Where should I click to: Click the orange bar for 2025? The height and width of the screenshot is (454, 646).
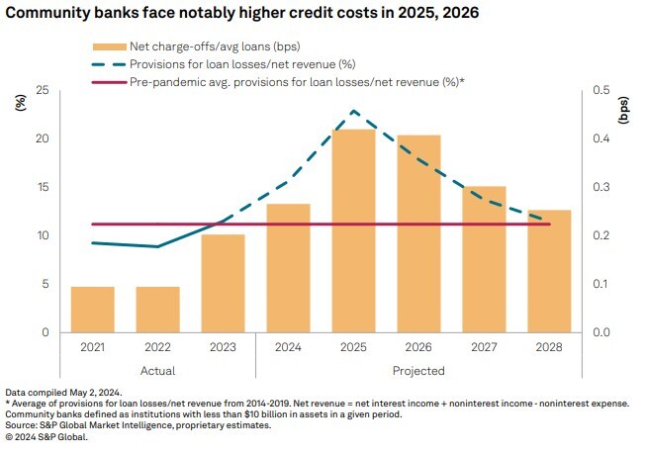pos(353,230)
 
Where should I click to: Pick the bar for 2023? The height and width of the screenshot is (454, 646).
pos(223,283)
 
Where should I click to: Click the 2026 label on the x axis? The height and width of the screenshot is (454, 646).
pos(417,347)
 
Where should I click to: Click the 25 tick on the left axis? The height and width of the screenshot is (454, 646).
pos(42,90)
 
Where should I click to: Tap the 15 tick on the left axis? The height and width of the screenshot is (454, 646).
pos(42,187)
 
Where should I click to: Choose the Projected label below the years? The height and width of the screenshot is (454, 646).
pos(417,370)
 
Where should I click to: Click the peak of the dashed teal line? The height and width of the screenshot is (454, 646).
pos(353,111)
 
